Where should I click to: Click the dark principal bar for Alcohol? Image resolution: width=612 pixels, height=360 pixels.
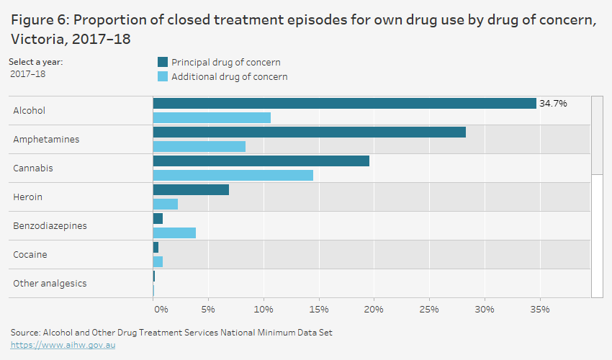pos(344,104)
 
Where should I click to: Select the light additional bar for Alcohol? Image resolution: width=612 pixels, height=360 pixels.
pos(212,117)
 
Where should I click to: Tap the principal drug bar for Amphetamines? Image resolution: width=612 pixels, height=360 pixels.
pos(309,132)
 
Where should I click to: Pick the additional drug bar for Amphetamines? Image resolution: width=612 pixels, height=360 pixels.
pos(199,146)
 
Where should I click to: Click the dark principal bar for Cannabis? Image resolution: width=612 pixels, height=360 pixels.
pos(261,161)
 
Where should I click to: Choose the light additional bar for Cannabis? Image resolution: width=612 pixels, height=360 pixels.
pos(233,175)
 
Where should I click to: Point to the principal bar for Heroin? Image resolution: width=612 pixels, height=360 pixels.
pos(191,190)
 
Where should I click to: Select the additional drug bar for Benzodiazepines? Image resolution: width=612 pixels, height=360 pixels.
pos(174,233)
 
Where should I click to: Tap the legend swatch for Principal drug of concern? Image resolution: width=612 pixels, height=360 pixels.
pos(162,63)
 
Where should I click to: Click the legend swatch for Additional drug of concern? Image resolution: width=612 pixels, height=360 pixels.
pos(162,77)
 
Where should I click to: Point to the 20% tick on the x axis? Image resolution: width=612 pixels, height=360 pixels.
pos(374,309)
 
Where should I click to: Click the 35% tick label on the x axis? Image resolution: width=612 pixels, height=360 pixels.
pos(539,309)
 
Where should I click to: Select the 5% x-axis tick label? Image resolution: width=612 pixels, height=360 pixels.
pos(208,309)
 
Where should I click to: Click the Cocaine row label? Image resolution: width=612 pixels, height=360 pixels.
pos(30,255)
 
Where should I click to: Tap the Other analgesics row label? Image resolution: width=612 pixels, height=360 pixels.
pos(50,284)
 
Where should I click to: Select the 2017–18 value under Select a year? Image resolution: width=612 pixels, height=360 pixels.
pos(27,74)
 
